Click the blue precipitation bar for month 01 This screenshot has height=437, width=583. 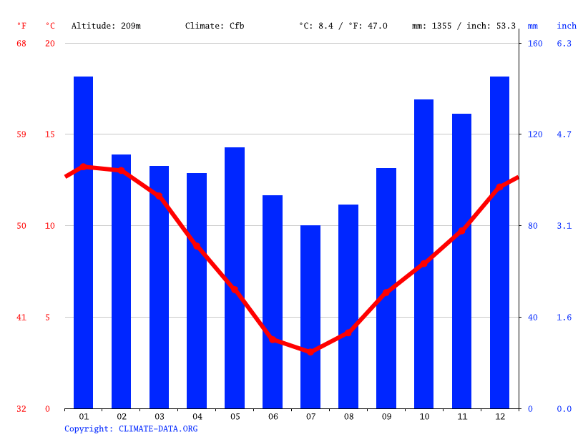pos(84,242)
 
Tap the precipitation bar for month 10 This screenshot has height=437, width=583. pos(423,254)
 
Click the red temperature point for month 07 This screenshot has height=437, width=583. pos(310,352)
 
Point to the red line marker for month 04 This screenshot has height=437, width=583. pos(197,246)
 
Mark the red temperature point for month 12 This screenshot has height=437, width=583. pos(499,187)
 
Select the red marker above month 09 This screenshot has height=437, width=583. pos(386,292)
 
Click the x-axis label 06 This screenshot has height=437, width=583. pos(273,416)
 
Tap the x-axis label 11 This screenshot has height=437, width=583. pos(461,416)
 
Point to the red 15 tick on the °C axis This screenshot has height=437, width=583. pos(48,134)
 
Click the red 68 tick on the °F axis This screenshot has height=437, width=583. pos(21,44)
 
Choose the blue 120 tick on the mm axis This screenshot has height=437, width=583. pos(535,134)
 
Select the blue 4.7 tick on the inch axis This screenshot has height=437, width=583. pos(564,134)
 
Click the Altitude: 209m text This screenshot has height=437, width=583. pos(106,26)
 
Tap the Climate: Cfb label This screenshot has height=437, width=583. pos(215,26)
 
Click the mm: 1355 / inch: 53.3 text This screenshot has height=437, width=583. pos(464,26)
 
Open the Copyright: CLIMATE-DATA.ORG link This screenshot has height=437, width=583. pos(131,428)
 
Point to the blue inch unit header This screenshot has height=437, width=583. pos(567,26)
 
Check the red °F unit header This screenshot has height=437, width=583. pos(21,26)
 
